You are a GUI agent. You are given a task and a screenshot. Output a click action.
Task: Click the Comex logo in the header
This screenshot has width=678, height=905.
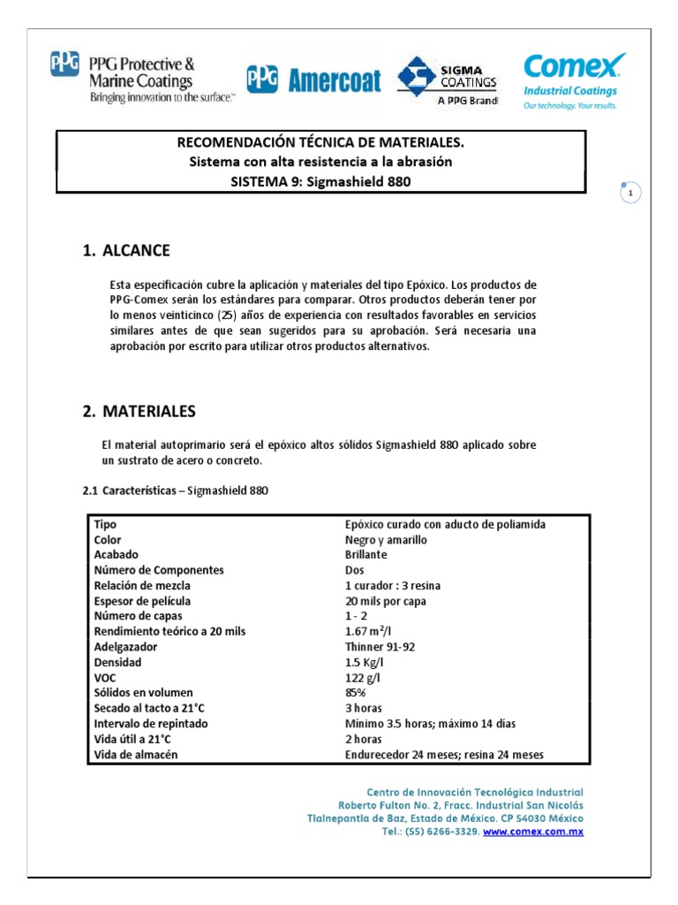(574, 80)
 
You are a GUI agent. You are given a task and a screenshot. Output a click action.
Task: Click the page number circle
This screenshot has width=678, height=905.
(629, 193)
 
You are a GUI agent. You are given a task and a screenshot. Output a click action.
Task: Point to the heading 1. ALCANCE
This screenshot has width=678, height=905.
(126, 251)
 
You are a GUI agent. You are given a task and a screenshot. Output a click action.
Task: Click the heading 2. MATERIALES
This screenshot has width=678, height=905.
(139, 411)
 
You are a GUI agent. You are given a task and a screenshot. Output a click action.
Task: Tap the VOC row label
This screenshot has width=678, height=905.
(105, 677)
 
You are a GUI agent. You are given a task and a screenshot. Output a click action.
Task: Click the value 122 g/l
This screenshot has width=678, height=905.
(363, 677)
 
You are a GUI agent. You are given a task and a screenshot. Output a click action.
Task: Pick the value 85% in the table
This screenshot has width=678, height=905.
(355, 693)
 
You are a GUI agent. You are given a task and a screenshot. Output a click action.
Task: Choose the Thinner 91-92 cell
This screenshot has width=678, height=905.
(380, 647)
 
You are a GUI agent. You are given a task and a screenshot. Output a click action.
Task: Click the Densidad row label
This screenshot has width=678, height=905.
(117, 662)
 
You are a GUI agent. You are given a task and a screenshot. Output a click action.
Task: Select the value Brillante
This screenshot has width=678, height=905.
(365, 555)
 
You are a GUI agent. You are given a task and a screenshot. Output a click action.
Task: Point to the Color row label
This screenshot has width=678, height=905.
(108, 539)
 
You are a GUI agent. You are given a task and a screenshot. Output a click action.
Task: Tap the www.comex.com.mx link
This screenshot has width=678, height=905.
(533, 832)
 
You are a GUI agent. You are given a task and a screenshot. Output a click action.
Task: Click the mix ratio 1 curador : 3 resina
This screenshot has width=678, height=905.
(393, 586)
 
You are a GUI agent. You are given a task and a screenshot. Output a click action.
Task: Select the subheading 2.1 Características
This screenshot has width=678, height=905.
(175, 491)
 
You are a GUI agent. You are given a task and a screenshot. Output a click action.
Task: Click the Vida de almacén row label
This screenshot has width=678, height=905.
(136, 755)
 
